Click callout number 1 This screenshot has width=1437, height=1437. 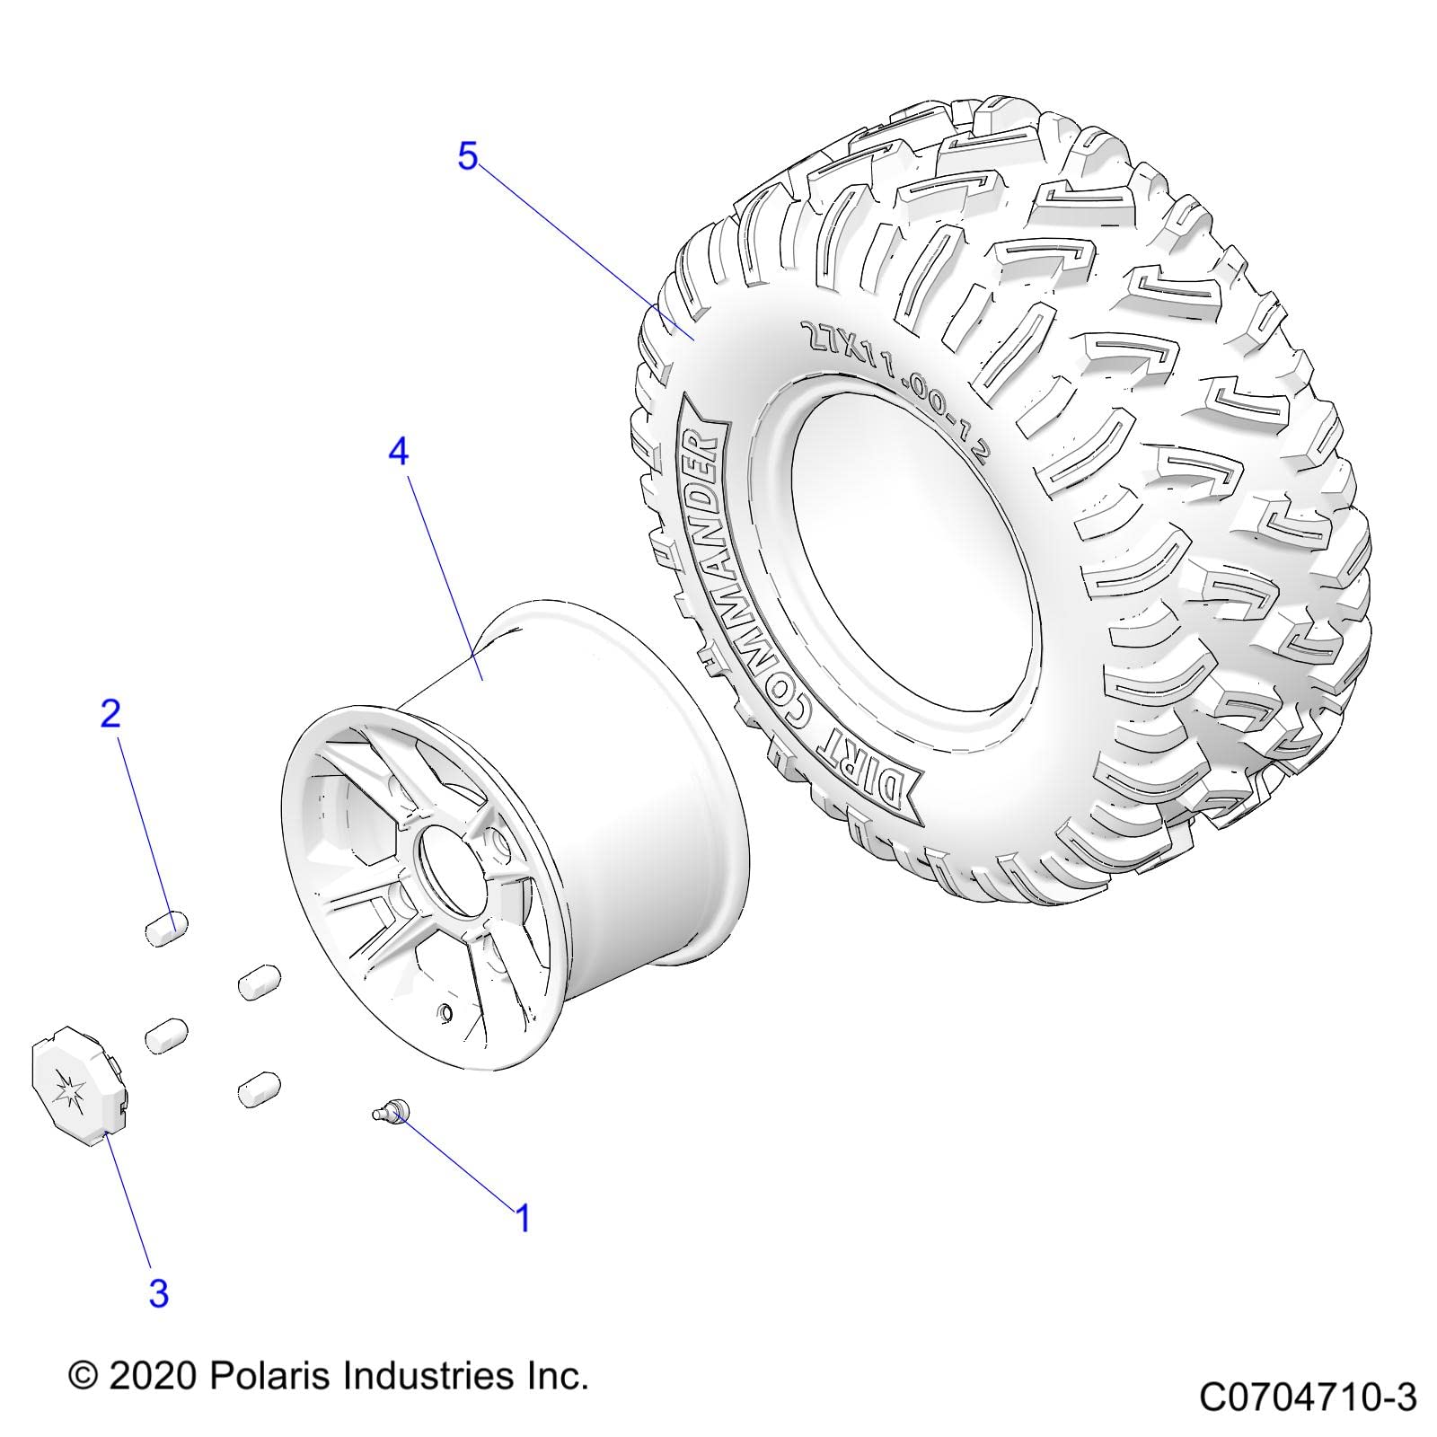522,1219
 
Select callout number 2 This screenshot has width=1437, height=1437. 110,714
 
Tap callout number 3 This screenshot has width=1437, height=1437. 158,1293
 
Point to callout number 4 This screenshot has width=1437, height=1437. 398,451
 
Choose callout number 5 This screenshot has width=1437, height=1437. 468,156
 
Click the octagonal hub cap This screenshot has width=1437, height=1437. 79,1094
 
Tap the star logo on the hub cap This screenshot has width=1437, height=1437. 69,1095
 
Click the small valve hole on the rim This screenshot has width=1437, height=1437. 442,1014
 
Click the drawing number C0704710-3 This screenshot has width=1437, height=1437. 1308,1397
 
